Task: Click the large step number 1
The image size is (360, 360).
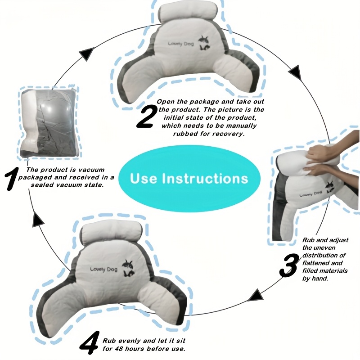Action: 12,184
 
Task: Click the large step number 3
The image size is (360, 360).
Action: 288,265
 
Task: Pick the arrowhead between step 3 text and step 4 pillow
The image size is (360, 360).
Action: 256,296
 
